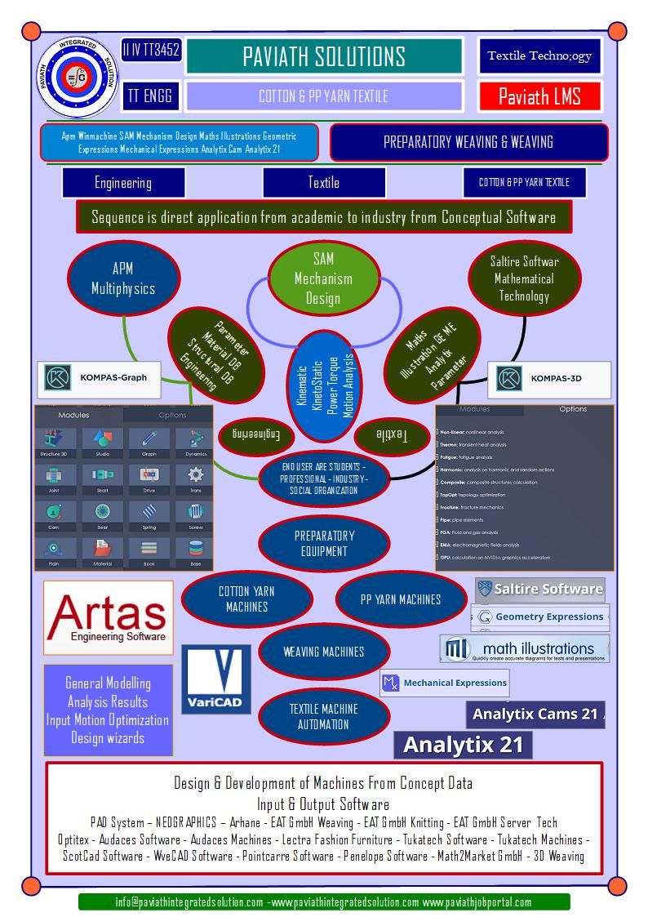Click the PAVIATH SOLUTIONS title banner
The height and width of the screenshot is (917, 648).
tap(324, 56)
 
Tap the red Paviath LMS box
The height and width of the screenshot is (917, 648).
tap(539, 96)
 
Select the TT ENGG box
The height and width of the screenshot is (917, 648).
tap(150, 96)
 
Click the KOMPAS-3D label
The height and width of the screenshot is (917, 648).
tap(551, 378)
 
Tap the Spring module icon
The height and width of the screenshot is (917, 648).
tap(149, 515)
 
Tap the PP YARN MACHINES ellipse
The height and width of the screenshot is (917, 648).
tap(400, 599)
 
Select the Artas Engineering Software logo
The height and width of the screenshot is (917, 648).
tap(109, 617)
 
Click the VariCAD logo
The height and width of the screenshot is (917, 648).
tap(215, 679)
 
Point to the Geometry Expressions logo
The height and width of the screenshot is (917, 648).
tap(542, 617)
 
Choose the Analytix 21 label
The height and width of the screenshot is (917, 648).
tap(463, 744)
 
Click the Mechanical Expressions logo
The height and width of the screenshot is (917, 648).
tap(446, 683)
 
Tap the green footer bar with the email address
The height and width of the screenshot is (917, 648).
tap(324, 901)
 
